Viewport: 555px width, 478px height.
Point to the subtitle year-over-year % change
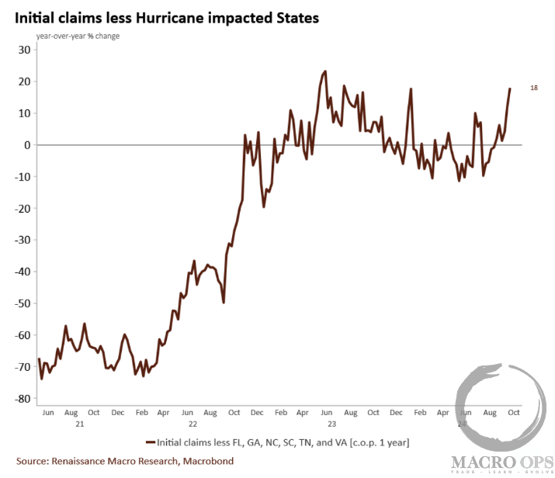click(x=78, y=36)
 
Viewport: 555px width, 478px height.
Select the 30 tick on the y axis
click(x=23, y=50)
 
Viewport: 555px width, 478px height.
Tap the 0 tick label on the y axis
click(x=26, y=145)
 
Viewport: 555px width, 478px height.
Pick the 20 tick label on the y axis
click(x=23, y=81)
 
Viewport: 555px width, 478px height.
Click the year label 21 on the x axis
click(x=80, y=424)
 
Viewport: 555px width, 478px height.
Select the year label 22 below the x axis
click(x=192, y=424)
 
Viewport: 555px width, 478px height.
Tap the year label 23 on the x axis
click(x=331, y=424)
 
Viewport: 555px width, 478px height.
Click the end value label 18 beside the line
click(x=534, y=88)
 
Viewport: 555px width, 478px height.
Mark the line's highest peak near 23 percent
click(x=324, y=71)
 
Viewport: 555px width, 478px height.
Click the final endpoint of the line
click(x=510, y=88)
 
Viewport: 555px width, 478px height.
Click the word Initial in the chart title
click(x=34, y=17)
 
